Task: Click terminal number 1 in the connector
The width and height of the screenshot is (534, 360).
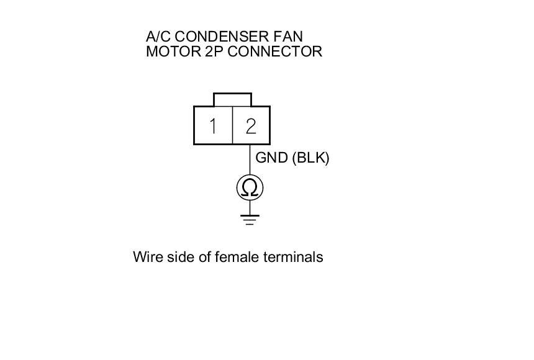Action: [x=213, y=126]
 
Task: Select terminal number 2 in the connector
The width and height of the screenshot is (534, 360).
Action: [x=251, y=126]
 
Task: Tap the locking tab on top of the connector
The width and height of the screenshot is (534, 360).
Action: [x=232, y=99]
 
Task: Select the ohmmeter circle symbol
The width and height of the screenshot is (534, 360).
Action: [x=250, y=187]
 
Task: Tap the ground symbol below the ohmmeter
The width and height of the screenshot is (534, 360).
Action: [x=250, y=218]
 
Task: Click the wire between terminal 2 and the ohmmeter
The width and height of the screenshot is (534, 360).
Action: [x=250, y=160]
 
